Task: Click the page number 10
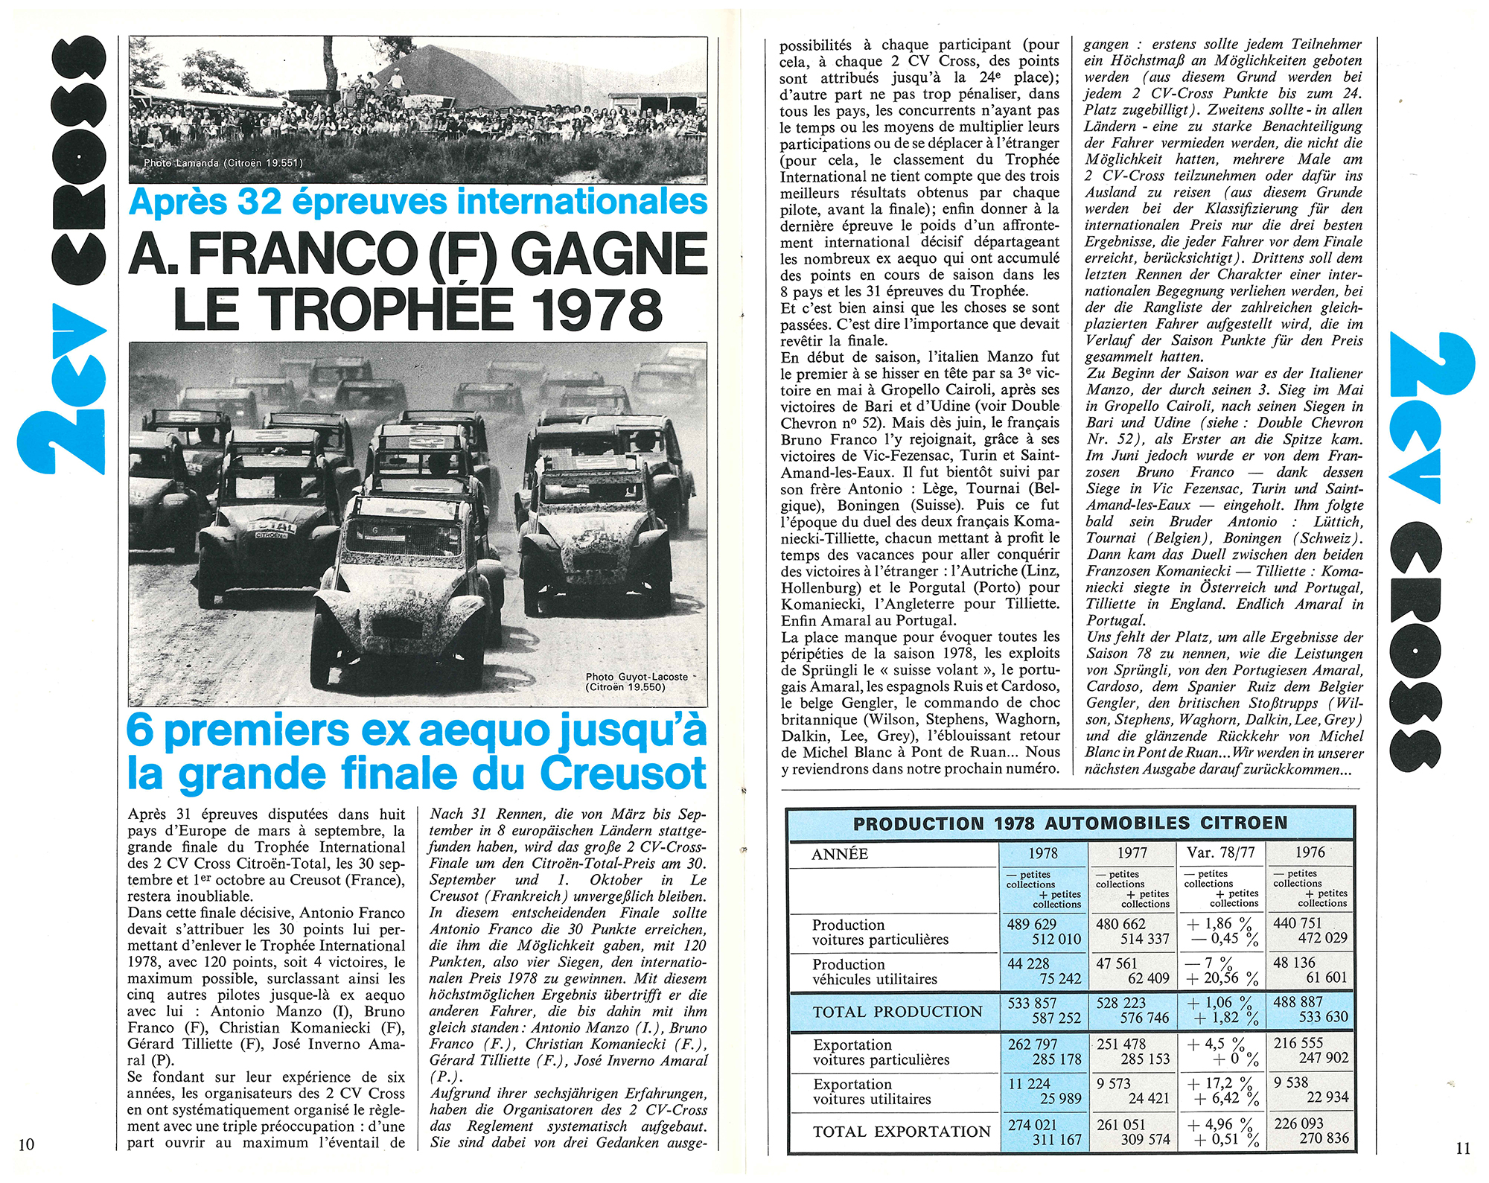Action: [26, 1144]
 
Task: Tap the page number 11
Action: [1463, 1148]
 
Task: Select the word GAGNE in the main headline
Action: [610, 253]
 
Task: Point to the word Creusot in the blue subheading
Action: [622, 774]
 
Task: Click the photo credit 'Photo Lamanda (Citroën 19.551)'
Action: [223, 163]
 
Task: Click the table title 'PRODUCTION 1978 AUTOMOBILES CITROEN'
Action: [1070, 823]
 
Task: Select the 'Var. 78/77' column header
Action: [1220, 853]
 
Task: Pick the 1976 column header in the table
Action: [1310, 852]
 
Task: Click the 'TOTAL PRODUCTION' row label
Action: [897, 1012]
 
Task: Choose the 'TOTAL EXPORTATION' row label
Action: [902, 1132]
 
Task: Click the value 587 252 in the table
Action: [1056, 1018]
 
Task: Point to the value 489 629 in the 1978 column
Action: [1032, 924]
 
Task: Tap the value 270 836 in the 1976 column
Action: [1324, 1138]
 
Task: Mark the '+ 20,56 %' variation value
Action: [1222, 978]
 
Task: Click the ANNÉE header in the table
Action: [840, 855]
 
